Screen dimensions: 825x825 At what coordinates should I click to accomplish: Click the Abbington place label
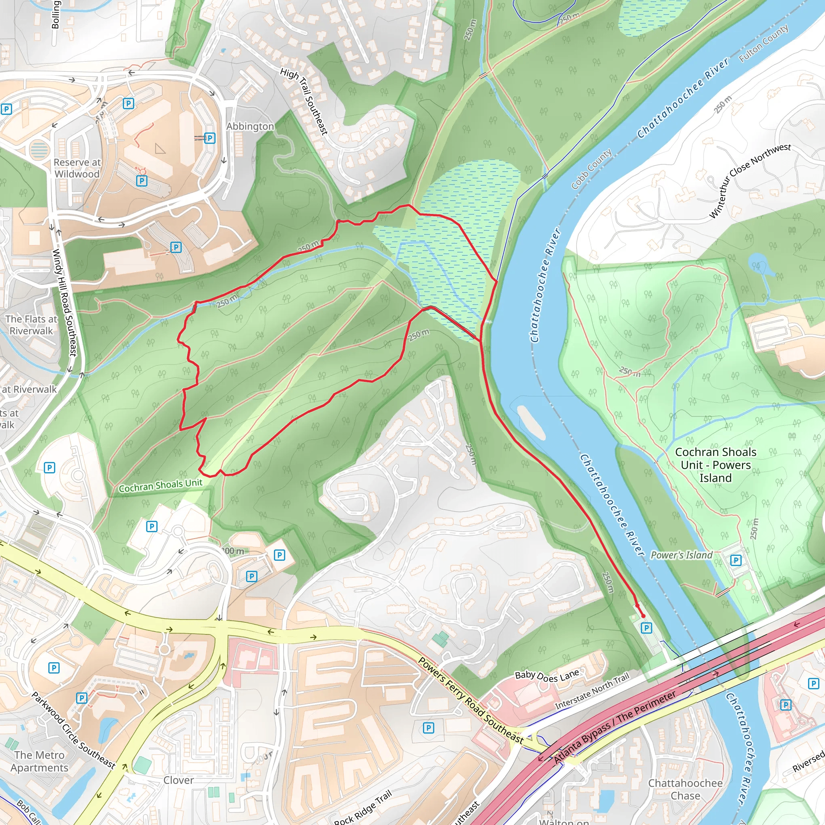[x=250, y=126]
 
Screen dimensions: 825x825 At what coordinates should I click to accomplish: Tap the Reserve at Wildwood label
[x=77, y=168]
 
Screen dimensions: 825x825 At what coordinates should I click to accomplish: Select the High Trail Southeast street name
[x=305, y=101]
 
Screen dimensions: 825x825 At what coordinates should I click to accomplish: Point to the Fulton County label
[x=764, y=44]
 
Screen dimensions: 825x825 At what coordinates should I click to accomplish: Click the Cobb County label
[x=591, y=169]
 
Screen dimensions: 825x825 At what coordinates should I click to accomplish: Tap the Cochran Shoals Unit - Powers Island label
[x=716, y=465]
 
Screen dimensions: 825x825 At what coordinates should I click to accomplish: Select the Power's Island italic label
[x=682, y=555]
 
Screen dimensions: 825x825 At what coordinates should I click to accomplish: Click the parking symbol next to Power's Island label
[x=736, y=560]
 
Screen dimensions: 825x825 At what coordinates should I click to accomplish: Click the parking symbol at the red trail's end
[x=647, y=628]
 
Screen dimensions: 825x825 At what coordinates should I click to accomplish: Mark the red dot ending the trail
[x=643, y=616]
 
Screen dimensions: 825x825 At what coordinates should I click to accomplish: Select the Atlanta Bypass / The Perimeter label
[x=615, y=728]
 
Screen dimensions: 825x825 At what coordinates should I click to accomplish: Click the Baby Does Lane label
[x=547, y=675]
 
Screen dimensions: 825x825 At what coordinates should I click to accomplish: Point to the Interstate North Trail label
[x=592, y=691]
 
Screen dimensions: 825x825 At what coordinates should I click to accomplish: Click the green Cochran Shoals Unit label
[x=161, y=485]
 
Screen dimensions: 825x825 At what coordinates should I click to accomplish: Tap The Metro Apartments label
[x=39, y=761]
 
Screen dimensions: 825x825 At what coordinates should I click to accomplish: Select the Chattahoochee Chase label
[x=685, y=790]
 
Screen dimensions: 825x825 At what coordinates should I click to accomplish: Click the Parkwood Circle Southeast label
[x=73, y=731]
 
